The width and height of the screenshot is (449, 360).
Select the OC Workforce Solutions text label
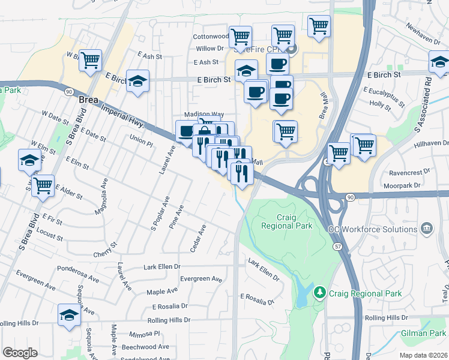(x=373, y=229)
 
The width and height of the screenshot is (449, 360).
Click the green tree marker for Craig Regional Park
(x=321, y=293)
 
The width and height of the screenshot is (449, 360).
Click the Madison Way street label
(x=203, y=114)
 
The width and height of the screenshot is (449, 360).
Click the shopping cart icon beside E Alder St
(x=43, y=185)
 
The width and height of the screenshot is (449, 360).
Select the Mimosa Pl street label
(x=145, y=334)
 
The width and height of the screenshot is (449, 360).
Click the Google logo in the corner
(x=20, y=352)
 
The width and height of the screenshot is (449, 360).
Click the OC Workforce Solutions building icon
(x=427, y=228)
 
